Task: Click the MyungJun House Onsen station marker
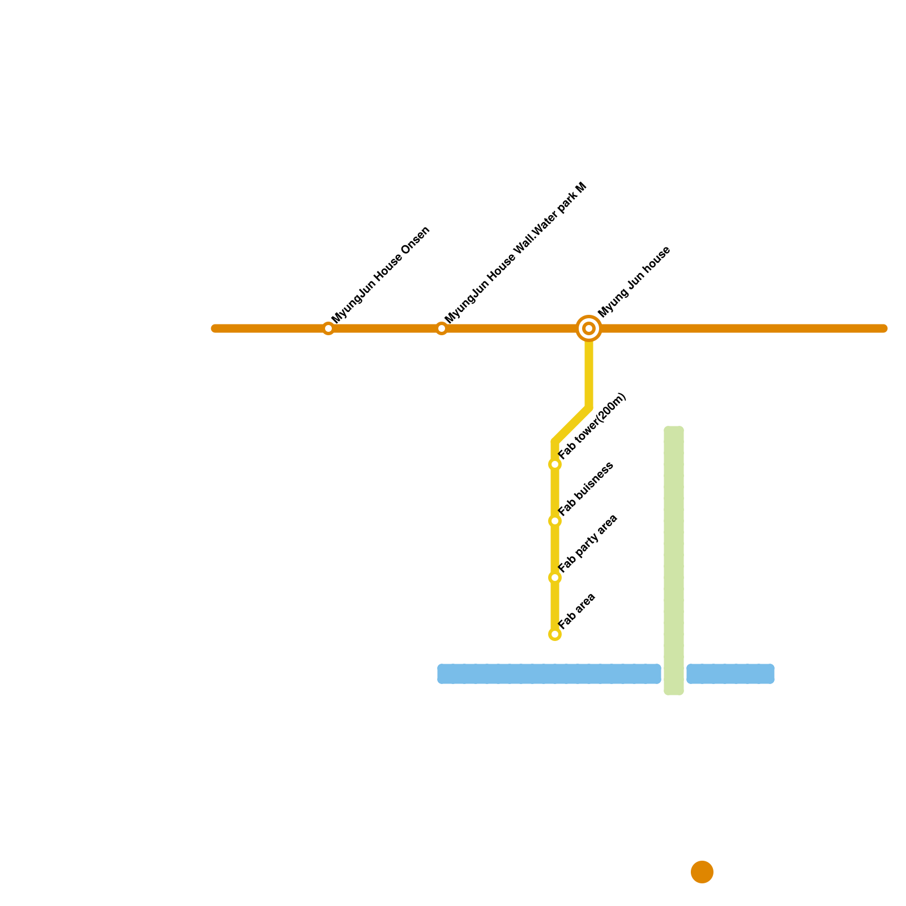point(328,328)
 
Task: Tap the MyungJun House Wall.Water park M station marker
point(442,328)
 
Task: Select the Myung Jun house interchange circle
point(589,328)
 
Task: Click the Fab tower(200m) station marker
point(555,464)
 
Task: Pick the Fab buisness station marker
point(555,521)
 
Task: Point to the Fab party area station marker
point(555,578)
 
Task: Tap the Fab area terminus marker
point(555,634)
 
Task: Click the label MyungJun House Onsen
point(381,275)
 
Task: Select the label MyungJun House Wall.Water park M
point(515,253)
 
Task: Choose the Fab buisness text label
point(586,489)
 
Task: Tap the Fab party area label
point(588,544)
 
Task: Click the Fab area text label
point(577,610)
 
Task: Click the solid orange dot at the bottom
point(702,872)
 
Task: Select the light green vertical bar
point(674,561)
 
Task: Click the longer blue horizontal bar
point(549,674)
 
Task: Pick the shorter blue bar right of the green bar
point(730,674)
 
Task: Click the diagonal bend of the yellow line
point(572,425)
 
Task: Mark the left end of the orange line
point(215,328)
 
